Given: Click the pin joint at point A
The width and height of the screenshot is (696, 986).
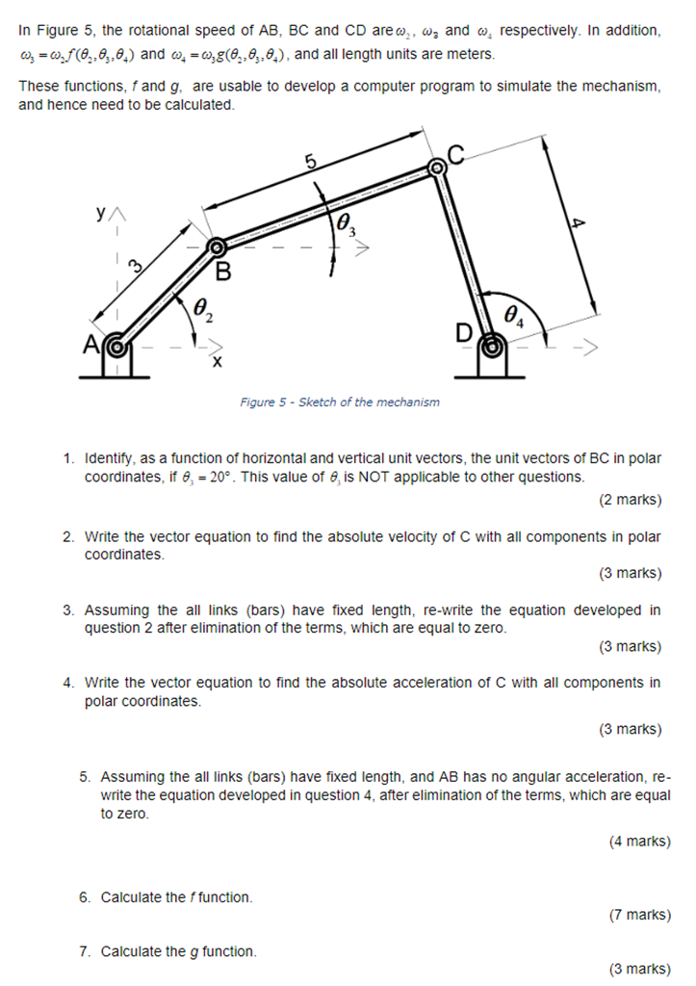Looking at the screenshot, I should click(116, 344).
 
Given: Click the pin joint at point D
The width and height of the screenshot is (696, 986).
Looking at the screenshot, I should click(492, 342).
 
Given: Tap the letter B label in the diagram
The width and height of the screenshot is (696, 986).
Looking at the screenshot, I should click(223, 272).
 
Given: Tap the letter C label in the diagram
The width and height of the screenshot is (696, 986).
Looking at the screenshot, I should click(455, 153).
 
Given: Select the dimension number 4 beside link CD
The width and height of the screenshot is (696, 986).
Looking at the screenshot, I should click(577, 223).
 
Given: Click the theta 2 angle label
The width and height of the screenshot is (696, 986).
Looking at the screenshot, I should click(203, 309).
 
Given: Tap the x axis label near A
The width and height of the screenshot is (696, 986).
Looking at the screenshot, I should click(217, 363).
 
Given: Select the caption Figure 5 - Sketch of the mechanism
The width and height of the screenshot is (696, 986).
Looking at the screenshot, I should click(339, 402).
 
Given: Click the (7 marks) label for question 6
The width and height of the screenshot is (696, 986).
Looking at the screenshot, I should click(639, 915).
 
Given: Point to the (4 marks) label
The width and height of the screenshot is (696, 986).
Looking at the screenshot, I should click(639, 842).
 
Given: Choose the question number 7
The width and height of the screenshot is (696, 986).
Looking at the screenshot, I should click(85, 951).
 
